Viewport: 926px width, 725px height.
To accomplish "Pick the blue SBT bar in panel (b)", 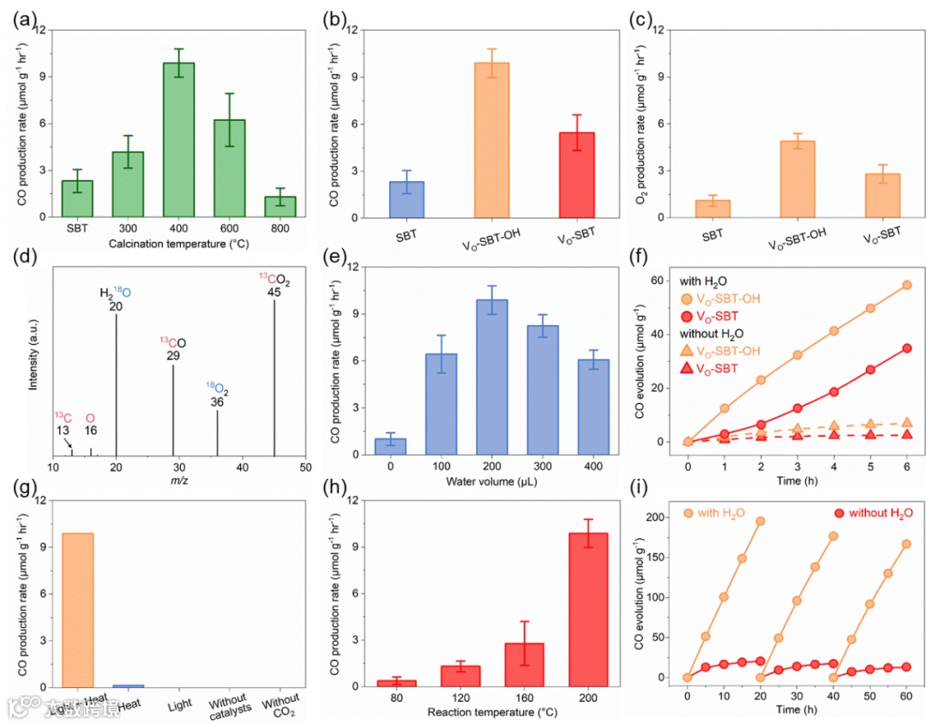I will pyautogui.click(x=407, y=199).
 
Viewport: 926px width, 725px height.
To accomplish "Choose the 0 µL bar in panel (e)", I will pyautogui.click(x=390, y=446).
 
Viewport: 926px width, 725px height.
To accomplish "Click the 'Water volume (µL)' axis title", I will pyautogui.click(x=491, y=482).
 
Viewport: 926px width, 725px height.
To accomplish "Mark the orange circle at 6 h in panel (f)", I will pyautogui.click(x=882, y=285).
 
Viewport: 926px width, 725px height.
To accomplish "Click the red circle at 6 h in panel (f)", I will pyautogui.click(x=882, y=348).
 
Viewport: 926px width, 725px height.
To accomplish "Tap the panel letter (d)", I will pyautogui.click(x=24, y=257).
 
